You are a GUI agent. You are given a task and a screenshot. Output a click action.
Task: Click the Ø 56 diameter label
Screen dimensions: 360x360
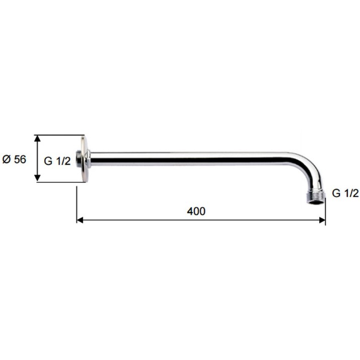(x=14, y=159)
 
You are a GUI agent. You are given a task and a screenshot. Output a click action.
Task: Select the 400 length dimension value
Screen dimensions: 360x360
(x=196, y=211)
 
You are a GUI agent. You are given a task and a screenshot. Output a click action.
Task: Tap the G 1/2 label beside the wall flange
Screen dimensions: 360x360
(x=57, y=161)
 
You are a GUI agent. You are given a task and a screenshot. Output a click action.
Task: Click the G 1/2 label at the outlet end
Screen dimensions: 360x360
(x=345, y=193)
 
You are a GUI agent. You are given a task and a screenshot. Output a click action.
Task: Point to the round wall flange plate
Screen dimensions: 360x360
(x=84, y=159)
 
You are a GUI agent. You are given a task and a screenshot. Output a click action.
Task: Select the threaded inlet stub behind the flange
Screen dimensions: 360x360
(x=79, y=159)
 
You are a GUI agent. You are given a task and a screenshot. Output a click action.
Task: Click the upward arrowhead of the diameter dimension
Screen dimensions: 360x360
(x=37, y=139)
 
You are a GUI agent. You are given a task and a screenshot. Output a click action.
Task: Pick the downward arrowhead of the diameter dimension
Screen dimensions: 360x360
(x=37, y=178)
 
